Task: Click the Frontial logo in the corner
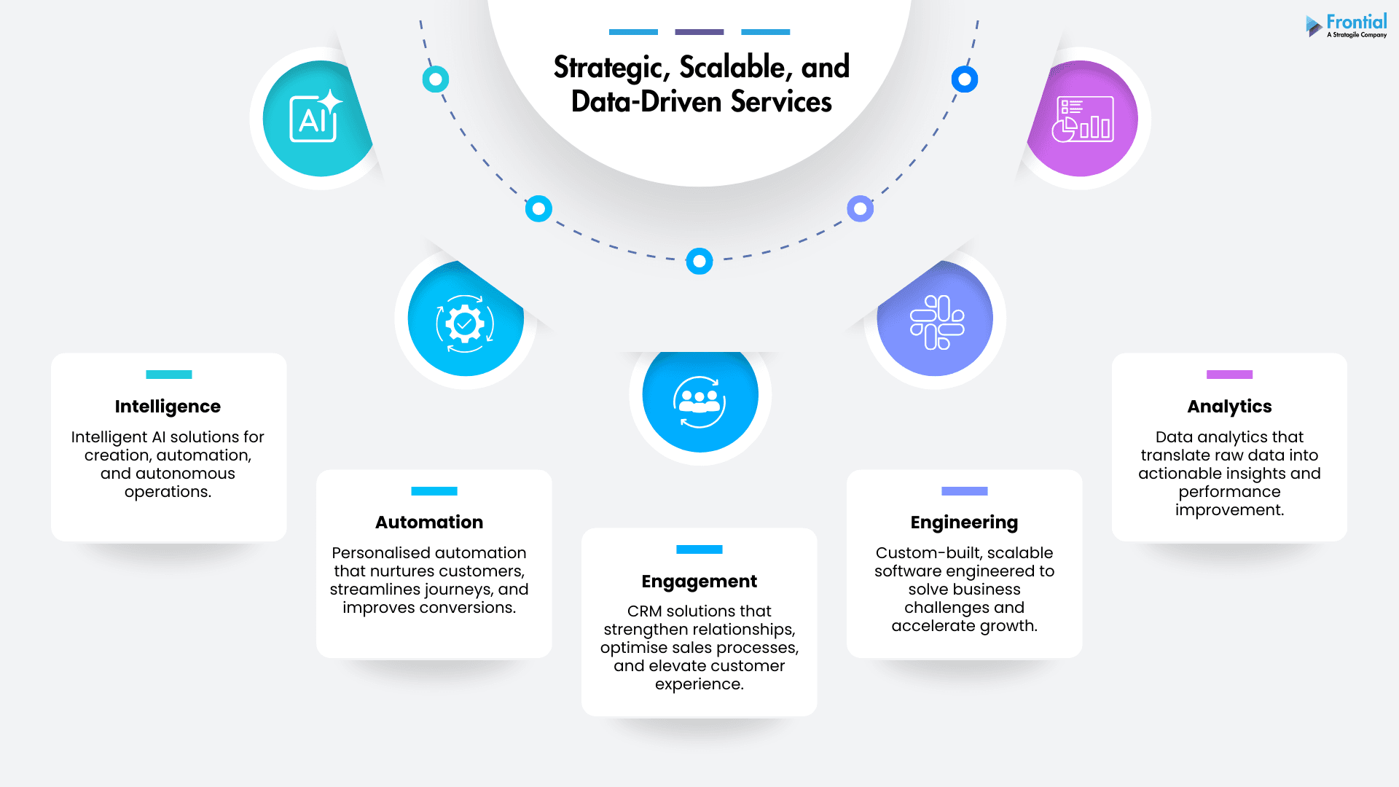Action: pos(1347,26)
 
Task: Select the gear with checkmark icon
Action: pos(465,324)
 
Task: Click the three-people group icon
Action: pos(699,402)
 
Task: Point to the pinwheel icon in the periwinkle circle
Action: pos(937,322)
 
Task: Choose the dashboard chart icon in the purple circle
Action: pos(1083,119)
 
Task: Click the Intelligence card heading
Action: pos(168,407)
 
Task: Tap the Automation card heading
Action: pos(429,522)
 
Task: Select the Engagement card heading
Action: pos(699,582)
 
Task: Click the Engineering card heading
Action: pos(964,523)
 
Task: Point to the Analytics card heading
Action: pos(1229,407)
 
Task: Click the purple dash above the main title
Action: pos(699,32)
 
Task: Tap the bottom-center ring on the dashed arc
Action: pos(699,261)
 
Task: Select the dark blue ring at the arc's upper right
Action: pos(965,79)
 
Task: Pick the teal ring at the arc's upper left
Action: pos(436,79)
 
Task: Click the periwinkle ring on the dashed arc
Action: pos(861,209)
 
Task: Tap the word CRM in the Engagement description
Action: pos(644,611)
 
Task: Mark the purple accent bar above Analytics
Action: pos(1229,375)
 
